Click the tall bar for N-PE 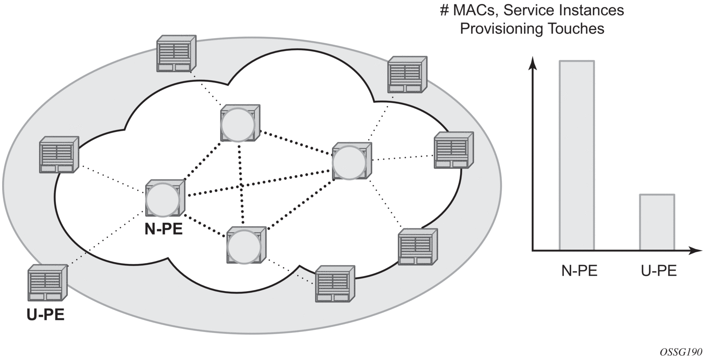577,156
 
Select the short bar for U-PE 657,222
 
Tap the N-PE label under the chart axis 579,271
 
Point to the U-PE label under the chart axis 659,271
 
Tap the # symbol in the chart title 444,10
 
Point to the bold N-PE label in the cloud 163,229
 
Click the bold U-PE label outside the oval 45,315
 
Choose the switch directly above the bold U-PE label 46,283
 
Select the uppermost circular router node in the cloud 239,124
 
